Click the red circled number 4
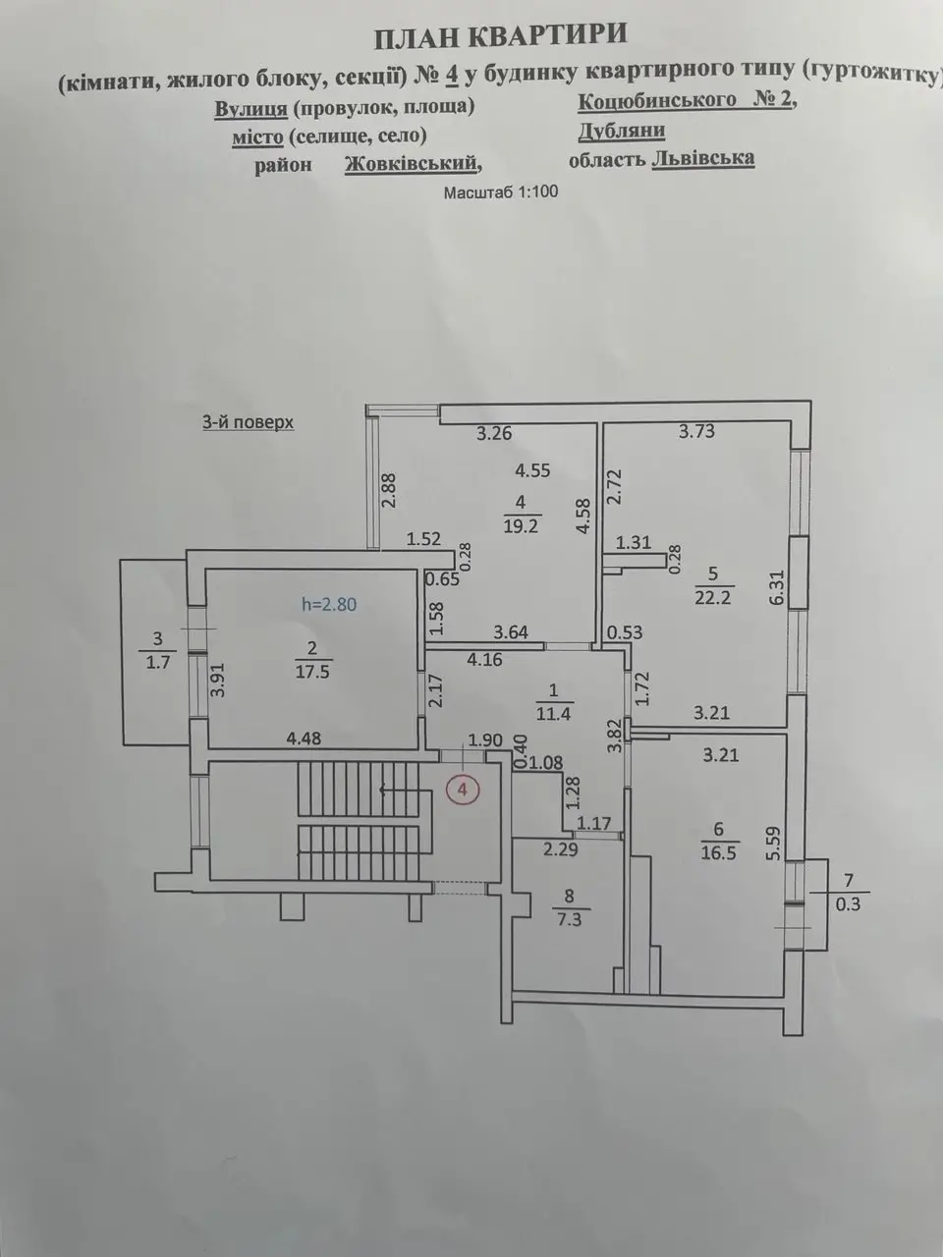click(463, 791)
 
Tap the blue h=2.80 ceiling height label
click(329, 604)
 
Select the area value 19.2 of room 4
click(521, 525)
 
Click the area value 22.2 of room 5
click(713, 598)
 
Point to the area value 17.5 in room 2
click(312, 671)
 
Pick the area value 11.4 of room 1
click(553, 714)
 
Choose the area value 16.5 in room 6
click(719, 853)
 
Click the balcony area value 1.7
click(158, 663)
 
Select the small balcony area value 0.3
click(848, 904)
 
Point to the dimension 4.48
click(304, 738)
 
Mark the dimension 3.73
click(696, 431)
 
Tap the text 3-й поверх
click(248, 422)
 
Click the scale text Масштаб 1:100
click(501, 191)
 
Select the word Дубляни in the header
click(622, 132)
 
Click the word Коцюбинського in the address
click(657, 100)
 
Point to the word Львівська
click(703, 158)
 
